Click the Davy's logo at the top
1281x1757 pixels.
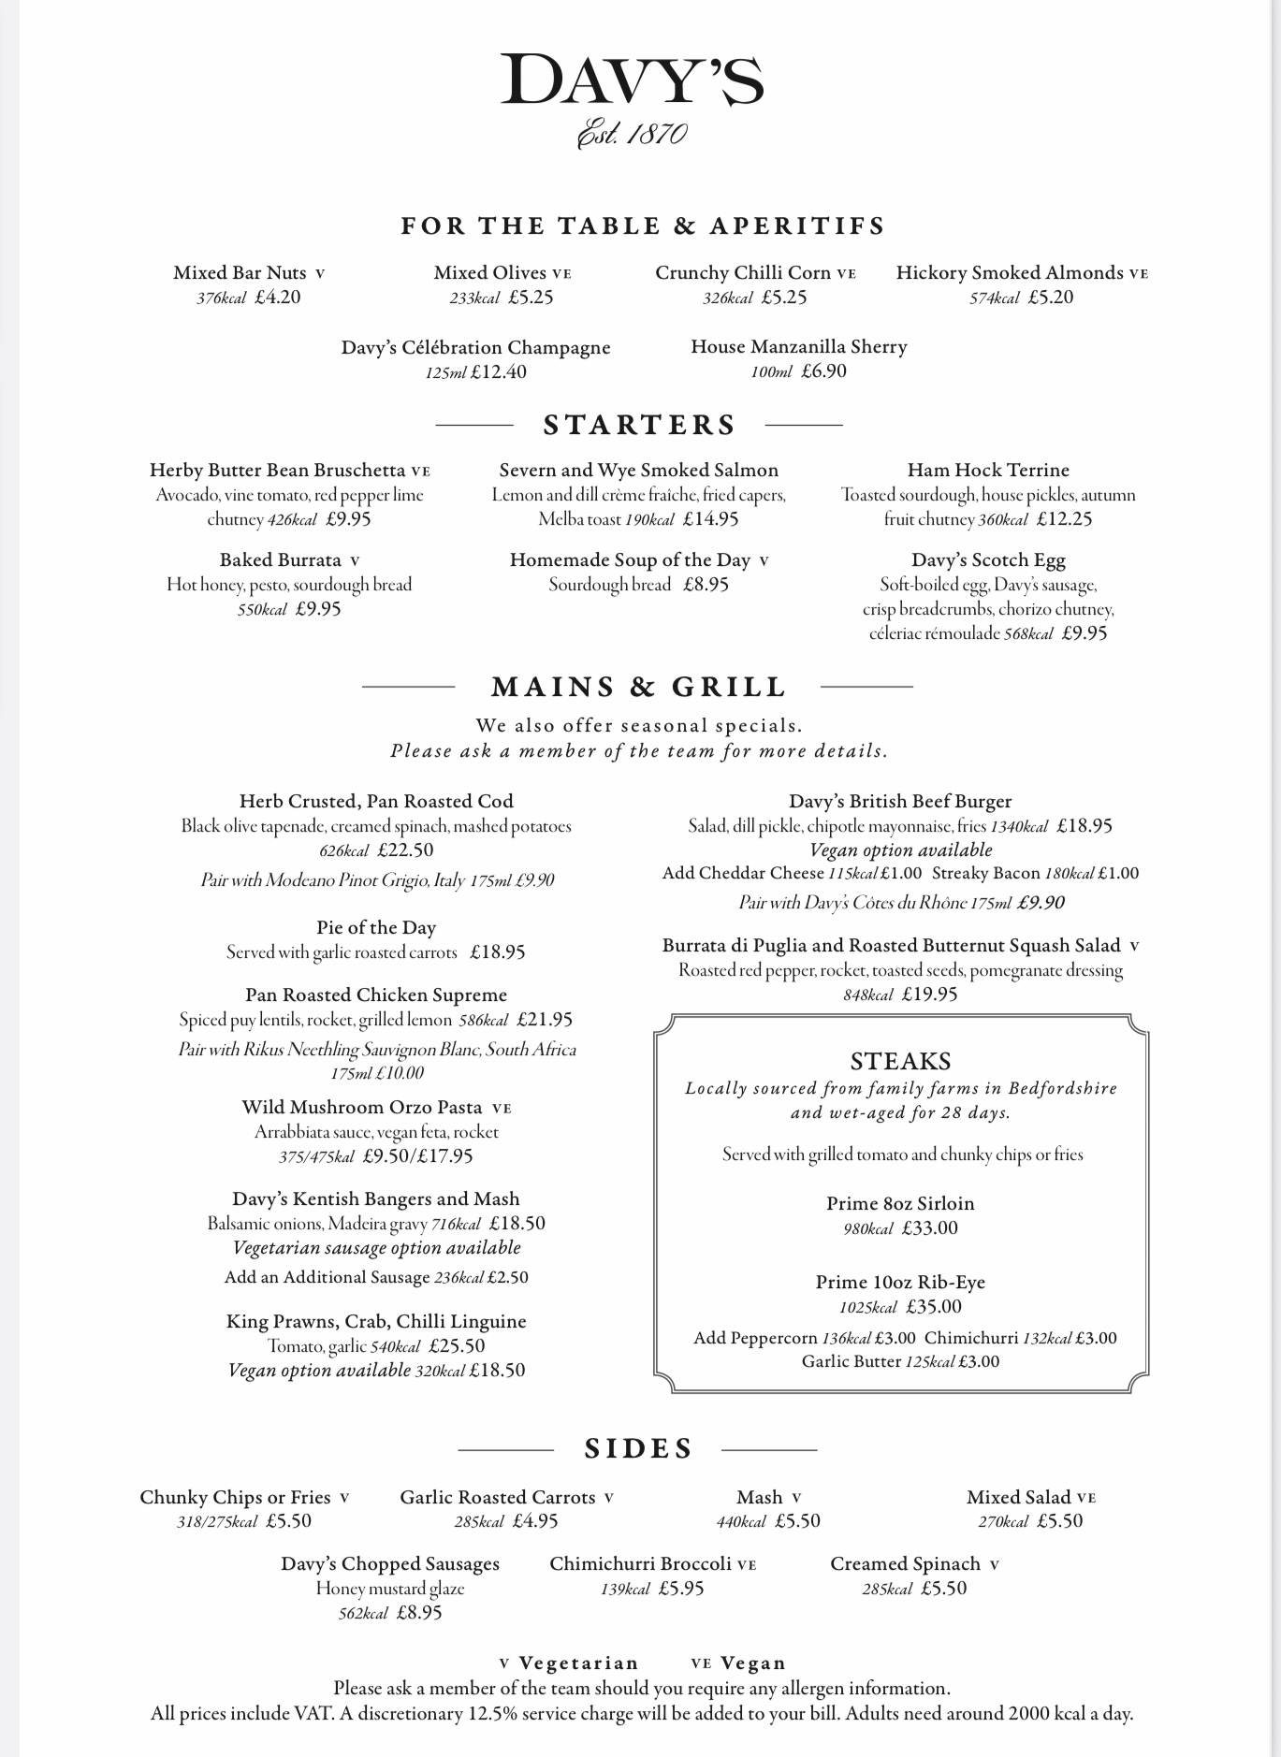click(x=633, y=81)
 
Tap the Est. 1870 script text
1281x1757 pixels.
click(x=633, y=134)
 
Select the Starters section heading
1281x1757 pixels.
click(x=639, y=425)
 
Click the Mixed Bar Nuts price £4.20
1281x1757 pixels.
click(x=277, y=298)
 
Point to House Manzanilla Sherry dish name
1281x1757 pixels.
click(x=799, y=347)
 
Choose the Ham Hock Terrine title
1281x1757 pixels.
click(x=988, y=471)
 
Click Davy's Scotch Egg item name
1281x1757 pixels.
click(x=988, y=560)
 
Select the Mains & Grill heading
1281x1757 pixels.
click(x=638, y=688)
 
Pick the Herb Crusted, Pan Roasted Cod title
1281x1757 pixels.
click(x=376, y=802)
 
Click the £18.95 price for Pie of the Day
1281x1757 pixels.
click(x=497, y=952)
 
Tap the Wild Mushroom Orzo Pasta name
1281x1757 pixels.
click(x=362, y=1108)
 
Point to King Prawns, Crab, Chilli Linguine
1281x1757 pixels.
click(x=376, y=1322)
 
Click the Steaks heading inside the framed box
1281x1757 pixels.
click(x=900, y=1061)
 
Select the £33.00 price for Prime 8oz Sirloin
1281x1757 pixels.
click(x=929, y=1228)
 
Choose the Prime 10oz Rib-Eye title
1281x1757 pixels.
click(x=900, y=1283)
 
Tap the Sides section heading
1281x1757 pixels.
click(x=638, y=1449)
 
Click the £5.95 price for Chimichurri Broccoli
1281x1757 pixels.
click(x=681, y=1589)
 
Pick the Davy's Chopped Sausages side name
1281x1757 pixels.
click(x=390, y=1564)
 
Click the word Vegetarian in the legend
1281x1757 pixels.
click(x=578, y=1663)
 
